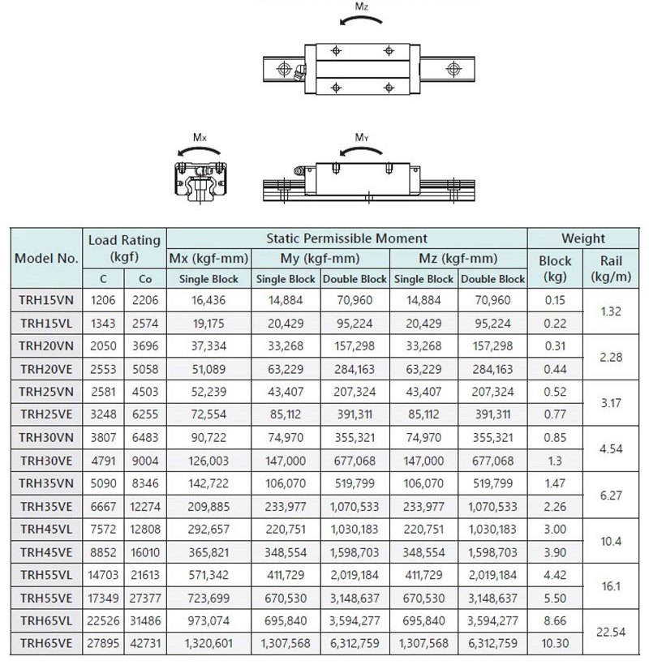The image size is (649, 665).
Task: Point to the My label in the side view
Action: [363, 139]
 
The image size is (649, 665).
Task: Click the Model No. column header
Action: [46, 259]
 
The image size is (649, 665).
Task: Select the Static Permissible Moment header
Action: [346, 238]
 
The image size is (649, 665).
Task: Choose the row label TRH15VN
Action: [46, 300]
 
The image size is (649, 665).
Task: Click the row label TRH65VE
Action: [46, 644]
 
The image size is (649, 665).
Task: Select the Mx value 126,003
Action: [209, 461]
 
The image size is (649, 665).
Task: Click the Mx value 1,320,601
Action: [209, 644]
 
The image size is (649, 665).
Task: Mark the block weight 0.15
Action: [555, 300]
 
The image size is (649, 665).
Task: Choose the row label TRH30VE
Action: [46, 461]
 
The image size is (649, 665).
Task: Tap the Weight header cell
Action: [583, 238]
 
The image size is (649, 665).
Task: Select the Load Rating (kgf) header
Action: [124, 249]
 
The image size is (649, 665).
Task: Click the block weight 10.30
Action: [555, 644]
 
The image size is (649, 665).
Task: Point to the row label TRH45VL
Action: [46, 530]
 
